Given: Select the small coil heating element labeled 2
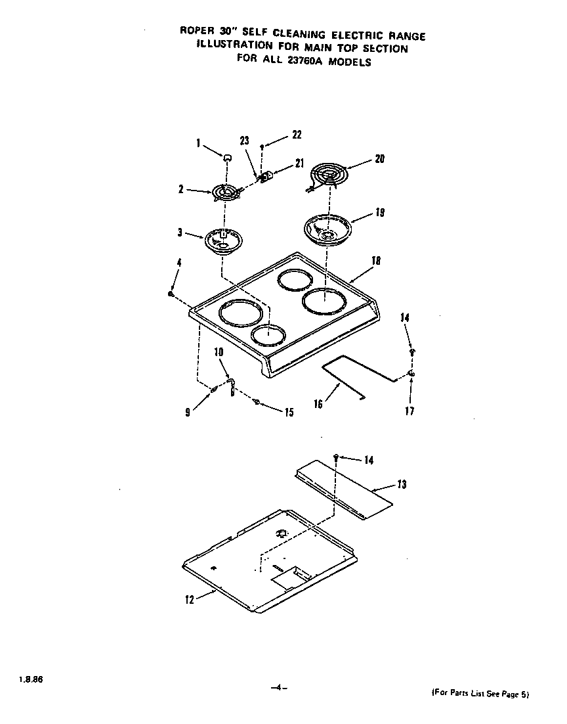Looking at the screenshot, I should (224, 192).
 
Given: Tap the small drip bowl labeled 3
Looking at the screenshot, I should (222, 240).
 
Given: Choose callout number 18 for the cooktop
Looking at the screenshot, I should (376, 261).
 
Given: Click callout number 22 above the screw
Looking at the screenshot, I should (297, 135).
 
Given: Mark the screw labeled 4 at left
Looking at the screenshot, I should (171, 294).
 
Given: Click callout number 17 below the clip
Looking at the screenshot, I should (410, 412).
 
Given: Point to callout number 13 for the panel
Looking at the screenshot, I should (402, 484).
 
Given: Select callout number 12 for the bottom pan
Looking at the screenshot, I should (190, 599).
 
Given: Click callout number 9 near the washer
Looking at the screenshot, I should (188, 413).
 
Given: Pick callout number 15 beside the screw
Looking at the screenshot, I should (289, 413).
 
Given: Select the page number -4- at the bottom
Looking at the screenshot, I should (279, 688).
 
